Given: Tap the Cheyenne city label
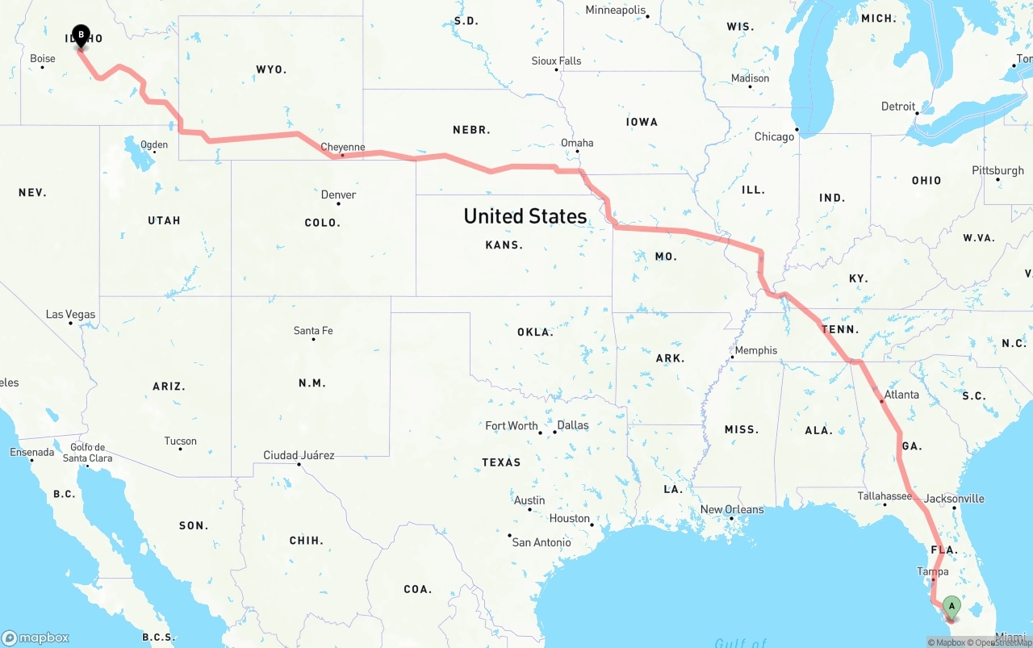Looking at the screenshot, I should coord(343,147).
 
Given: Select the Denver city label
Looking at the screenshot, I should coord(338,194).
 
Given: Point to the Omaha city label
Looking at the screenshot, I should coord(577,143).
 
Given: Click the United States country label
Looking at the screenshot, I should coord(525,216).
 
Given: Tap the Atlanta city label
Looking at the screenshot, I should coord(901,395).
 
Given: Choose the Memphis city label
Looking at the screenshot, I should coord(755,350).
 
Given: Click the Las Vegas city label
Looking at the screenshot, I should coord(70,314).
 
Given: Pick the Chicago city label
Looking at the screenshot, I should coord(774,136).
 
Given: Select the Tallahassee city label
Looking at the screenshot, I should coord(885,496).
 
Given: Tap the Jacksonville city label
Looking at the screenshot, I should coord(954,499).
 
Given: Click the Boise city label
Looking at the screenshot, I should coord(43,58).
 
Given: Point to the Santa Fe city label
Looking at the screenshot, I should coord(313,330).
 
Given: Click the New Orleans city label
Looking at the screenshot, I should coord(731,509).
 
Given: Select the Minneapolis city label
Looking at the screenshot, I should coord(616,10).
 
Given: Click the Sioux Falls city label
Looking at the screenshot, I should coord(556,61).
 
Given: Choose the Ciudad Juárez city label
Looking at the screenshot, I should coord(299,455).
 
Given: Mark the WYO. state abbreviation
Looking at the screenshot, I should coord(271,69).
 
